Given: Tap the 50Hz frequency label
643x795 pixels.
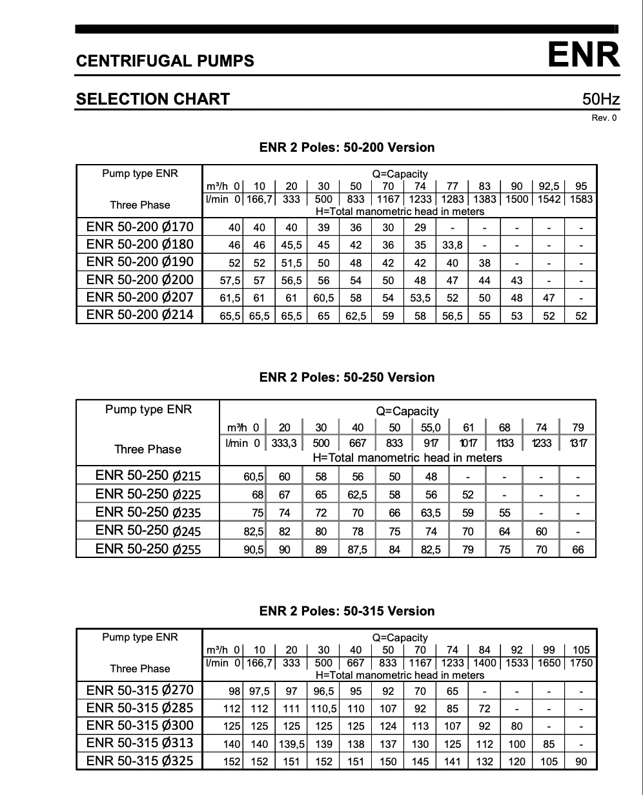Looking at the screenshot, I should tap(600, 99).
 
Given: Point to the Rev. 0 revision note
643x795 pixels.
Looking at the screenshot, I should tap(604, 118).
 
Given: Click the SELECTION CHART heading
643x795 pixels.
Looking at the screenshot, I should tap(152, 99).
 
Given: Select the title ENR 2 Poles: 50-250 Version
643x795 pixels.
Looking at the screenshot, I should tap(347, 377).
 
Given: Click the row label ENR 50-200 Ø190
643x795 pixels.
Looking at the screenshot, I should tap(139, 262).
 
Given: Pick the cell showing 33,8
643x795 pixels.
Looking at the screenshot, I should tap(452, 245).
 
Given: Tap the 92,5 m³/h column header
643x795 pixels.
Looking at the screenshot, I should tap(549, 187).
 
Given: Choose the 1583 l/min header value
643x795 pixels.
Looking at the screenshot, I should tap(581, 200).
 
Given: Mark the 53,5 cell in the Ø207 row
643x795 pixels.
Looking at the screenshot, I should tap(420, 298).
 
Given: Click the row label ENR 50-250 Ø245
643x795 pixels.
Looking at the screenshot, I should tap(148, 531).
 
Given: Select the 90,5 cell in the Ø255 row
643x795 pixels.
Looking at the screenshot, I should tap(253, 550).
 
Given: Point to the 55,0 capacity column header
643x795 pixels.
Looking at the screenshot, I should tap(431, 428).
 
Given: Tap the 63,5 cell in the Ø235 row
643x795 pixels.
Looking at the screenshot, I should tap(431, 513).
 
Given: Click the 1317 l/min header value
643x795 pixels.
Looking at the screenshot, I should tap(578, 443).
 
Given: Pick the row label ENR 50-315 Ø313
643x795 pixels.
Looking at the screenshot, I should tap(139, 743).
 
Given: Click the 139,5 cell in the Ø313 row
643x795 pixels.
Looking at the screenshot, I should tap(291, 744).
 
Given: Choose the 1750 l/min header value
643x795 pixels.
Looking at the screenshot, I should tap(581, 663).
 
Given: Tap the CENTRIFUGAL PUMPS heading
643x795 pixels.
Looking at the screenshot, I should tap(165, 61).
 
